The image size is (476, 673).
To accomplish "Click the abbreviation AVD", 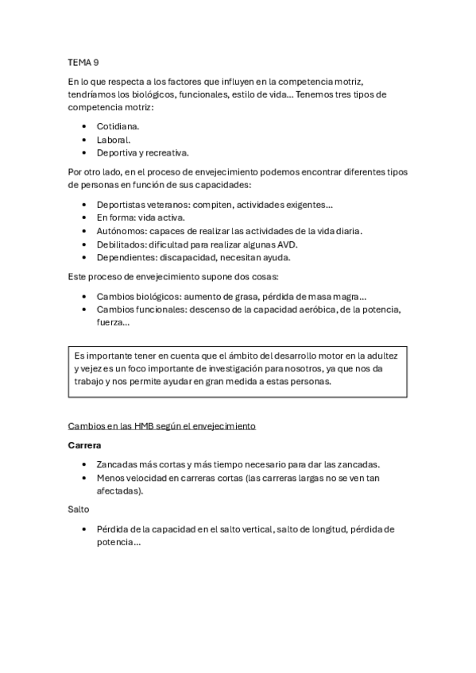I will coord(285,244).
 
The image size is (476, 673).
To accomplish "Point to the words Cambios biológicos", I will coord(134,295).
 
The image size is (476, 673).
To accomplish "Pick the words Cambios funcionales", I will coord(136,309).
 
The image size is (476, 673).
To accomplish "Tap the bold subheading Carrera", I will coord(83,445).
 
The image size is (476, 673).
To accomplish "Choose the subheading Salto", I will coord(79,510).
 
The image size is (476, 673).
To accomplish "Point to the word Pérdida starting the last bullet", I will coord(114,529).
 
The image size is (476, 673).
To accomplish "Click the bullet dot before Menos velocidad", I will coord(84,478).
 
